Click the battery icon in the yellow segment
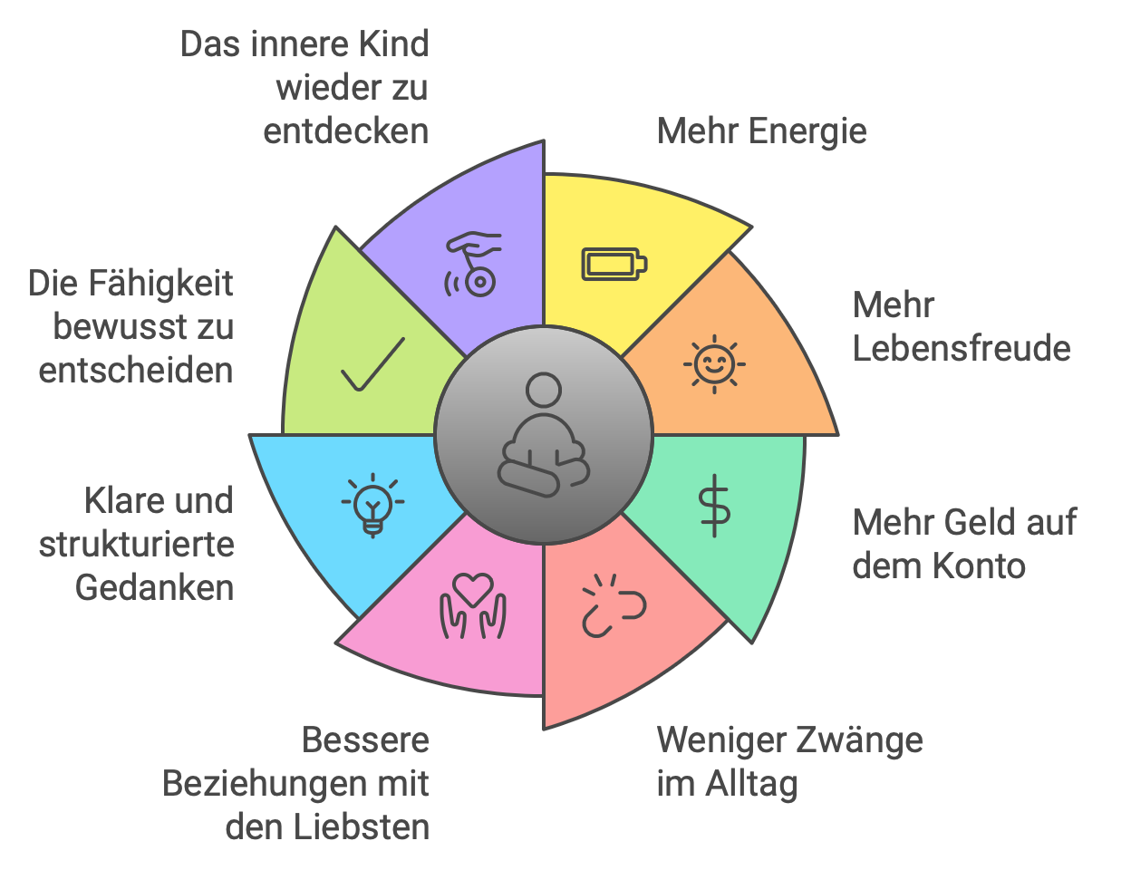[x=614, y=264]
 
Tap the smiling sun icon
[x=714, y=364]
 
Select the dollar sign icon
[x=714, y=506]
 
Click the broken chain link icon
[x=612, y=605]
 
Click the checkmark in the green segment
[x=372, y=364]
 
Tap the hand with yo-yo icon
[x=473, y=265]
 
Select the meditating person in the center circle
[x=543, y=435]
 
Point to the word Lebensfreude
[x=962, y=349]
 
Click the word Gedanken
[x=154, y=588]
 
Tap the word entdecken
[x=345, y=131]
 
